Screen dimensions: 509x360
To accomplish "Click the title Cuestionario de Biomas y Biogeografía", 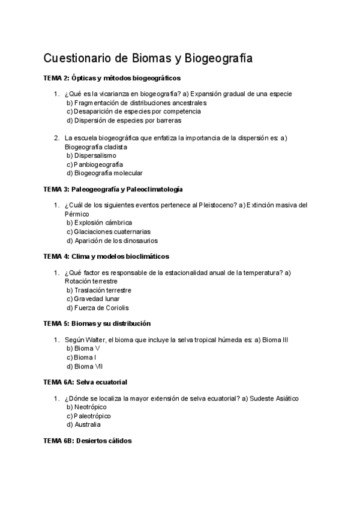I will [x=148, y=58].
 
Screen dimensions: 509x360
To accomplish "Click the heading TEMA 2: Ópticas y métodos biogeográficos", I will [x=112, y=78].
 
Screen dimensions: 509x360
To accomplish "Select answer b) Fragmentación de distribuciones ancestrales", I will [x=136, y=103].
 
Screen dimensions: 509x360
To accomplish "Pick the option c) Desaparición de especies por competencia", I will [x=133, y=111].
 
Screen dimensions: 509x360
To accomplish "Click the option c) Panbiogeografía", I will [x=95, y=164].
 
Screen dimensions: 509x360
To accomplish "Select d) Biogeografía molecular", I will [x=104, y=173].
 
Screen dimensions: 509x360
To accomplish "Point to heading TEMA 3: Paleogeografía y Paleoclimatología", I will [x=113, y=189].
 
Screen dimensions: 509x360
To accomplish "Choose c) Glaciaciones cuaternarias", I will [x=109, y=231].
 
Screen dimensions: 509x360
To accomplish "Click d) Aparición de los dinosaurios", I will [x=112, y=240].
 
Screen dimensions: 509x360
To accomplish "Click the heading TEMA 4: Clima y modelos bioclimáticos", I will [x=106, y=256].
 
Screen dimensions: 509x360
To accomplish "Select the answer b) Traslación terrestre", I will [x=98, y=290].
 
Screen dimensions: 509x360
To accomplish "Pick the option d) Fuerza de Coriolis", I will [x=97, y=307].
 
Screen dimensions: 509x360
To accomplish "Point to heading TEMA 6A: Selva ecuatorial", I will [x=85, y=382].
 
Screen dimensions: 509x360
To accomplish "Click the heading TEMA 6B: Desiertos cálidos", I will [x=88, y=441].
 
